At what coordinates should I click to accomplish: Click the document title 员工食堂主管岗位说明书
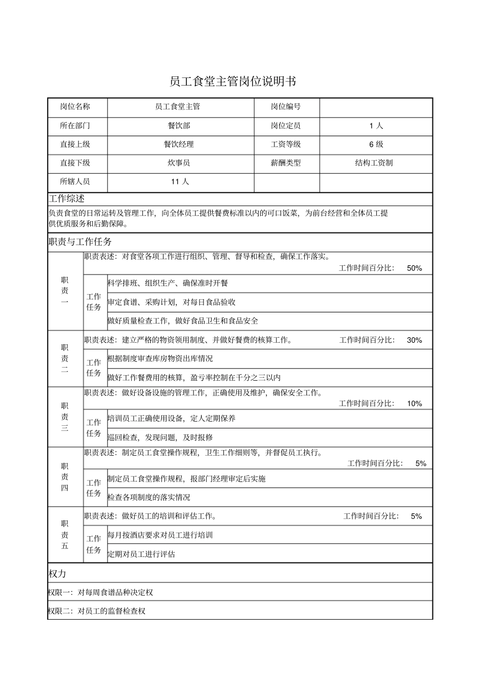pyautogui.click(x=233, y=82)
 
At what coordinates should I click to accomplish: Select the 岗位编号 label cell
pyautogui.click(x=286, y=107)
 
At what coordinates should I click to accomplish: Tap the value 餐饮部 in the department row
pyautogui.click(x=179, y=126)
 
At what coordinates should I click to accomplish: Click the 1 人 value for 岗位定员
pyautogui.click(x=376, y=126)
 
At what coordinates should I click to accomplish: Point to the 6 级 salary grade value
pyautogui.click(x=376, y=144)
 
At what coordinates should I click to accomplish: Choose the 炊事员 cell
pyautogui.click(x=179, y=163)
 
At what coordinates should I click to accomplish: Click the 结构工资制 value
pyautogui.click(x=374, y=163)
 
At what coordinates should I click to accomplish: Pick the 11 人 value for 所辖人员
pyautogui.click(x=180, y=182)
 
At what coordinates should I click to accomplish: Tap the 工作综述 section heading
pyautogui.click(x=66, y=198)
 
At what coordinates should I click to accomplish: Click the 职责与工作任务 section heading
pyautogui.click(x=80, y=242)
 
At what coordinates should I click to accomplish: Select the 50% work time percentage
pyautogui.click(x=414, y=268)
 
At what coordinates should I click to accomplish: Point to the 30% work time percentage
pyautogui.click(x=414, y=340)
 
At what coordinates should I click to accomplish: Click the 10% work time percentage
pyautogui.click(x=414, y=404)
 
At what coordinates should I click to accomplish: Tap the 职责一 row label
pyautogui.click(x=65, y=291)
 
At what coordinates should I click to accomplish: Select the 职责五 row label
pyautogui.click(x=65, y=535)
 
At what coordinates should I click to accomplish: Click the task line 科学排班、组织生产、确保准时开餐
pyautogui.click(x=168, y=284)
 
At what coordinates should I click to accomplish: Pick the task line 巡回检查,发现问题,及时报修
pyautogui.click(x=160, y=437)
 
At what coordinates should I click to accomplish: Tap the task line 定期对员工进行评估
pyautogui.click(x=141, y=554)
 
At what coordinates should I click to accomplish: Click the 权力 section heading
pyautogui.click(x=57, y=574)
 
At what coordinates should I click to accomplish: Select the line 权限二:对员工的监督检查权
pyautogui.click(x=97, y=611)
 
